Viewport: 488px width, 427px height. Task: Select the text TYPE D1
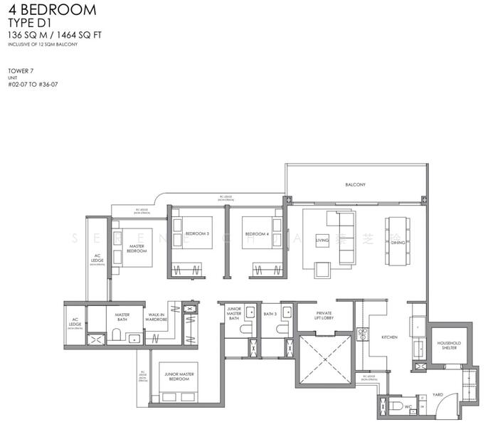(33, 23)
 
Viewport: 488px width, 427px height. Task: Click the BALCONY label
(355, 184)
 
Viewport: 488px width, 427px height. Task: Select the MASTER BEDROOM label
(137, 248)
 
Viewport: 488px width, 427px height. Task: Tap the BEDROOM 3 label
(197, 233)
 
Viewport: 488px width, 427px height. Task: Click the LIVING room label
(322, 242)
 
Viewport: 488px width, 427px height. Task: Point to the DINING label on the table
(397, 242)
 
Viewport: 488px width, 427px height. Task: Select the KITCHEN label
(389, 337)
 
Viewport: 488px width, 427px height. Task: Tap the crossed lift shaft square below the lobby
(325, 359)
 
